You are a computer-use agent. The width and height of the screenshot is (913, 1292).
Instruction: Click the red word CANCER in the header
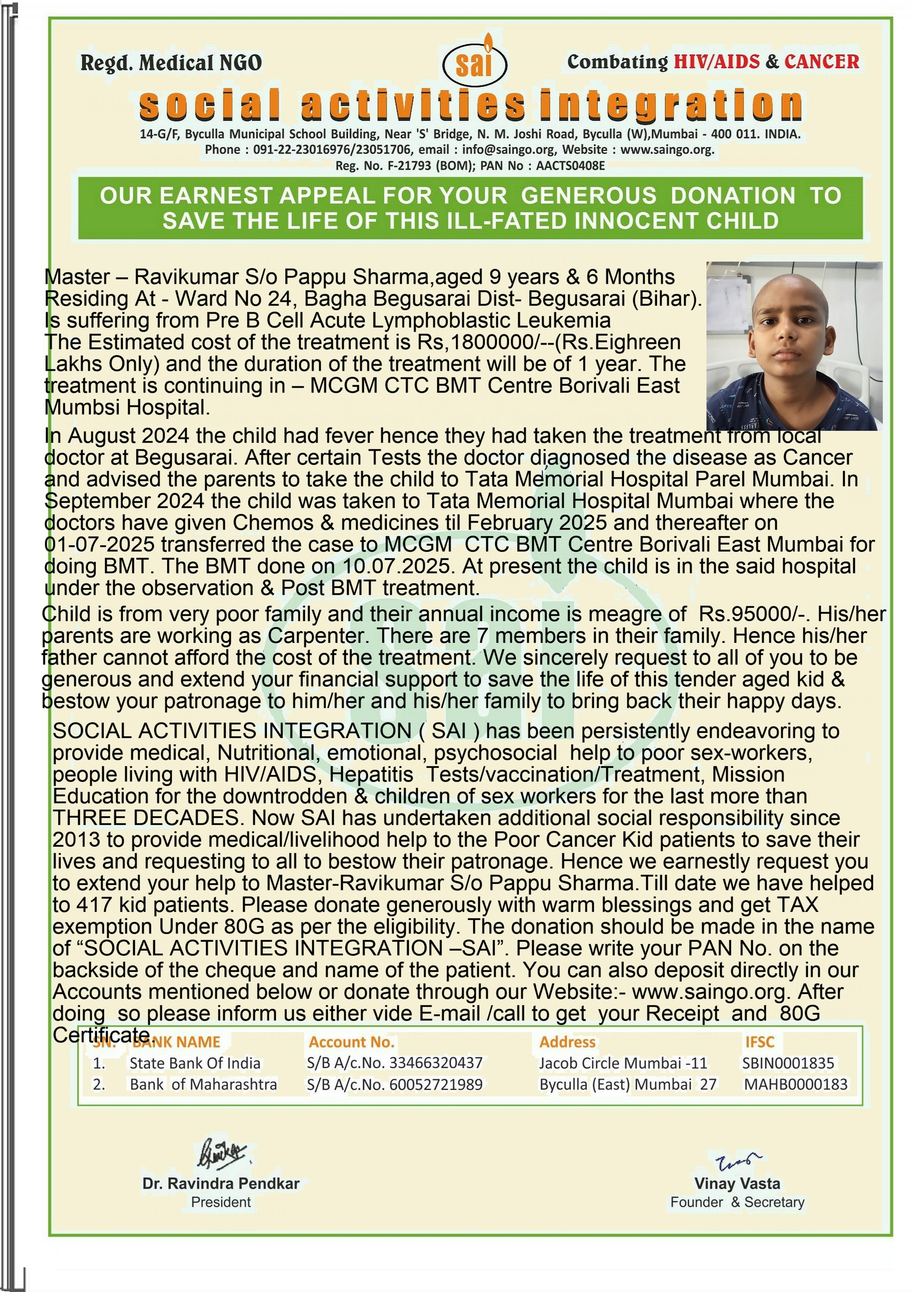click(x=821, y=62)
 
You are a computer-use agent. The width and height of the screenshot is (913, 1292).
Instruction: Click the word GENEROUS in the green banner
click(x=588, y=195)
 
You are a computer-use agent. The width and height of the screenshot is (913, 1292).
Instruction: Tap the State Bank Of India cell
click(x=195, y=1063)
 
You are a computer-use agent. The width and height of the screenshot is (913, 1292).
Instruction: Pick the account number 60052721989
click(x=436, y=1084)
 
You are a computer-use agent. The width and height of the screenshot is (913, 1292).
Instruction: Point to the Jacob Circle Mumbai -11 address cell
click(x=623, y=1063)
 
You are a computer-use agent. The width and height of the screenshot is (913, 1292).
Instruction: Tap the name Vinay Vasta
click(x=737, y=1183)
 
